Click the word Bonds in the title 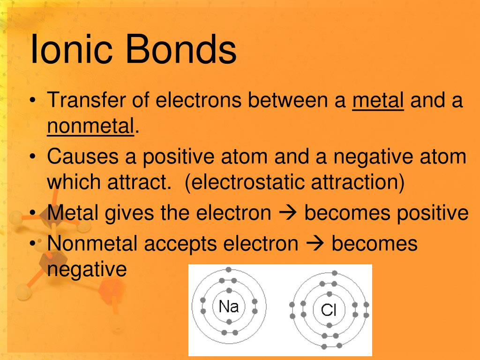181,50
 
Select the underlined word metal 378,101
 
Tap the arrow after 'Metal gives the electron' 287,213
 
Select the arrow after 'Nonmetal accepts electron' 315,244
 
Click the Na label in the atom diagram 229,307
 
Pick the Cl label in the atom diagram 329,310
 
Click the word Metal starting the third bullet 73,213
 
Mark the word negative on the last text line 87,270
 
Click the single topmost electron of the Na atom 228,270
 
